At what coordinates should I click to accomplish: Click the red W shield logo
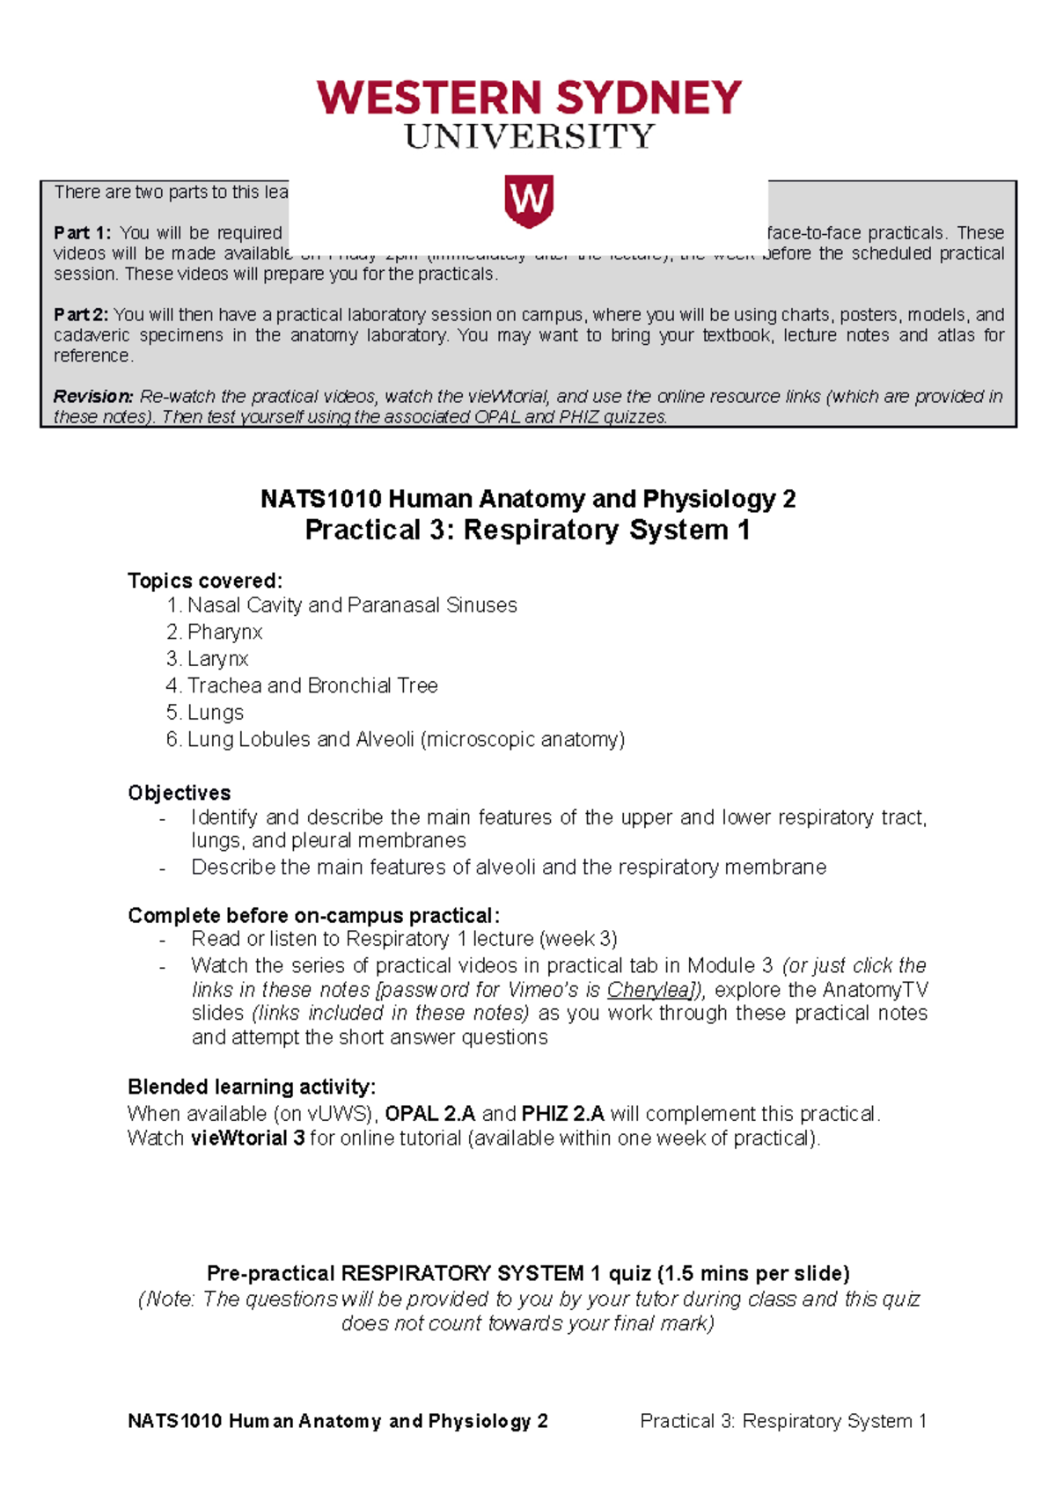528,201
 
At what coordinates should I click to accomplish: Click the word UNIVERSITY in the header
529,137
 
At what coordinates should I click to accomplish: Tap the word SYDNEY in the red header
649,98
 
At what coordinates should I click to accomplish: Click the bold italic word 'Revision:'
93,397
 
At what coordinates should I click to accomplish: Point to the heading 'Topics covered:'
205,581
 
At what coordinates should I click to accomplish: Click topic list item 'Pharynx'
224,632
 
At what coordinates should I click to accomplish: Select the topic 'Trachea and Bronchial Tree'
312,685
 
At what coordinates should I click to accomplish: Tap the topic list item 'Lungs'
216,713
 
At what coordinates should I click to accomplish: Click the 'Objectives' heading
180,793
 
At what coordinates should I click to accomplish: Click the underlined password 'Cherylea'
649,990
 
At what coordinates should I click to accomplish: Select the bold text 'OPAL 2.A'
430,1114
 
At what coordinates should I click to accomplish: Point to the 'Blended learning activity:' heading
252,1087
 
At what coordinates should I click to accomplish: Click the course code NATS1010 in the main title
321,500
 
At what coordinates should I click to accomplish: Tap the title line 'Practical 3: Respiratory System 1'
527,531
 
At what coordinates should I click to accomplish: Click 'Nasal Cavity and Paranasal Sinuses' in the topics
352,605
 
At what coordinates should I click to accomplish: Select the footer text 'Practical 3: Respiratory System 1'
783,1421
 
